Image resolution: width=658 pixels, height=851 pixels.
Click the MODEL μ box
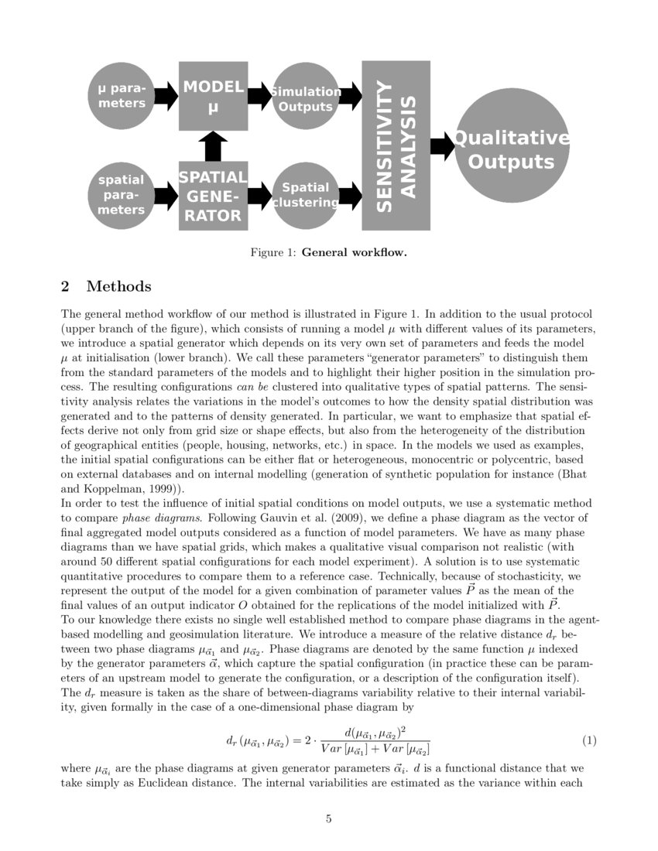213,96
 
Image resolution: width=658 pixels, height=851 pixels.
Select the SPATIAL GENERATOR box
213,196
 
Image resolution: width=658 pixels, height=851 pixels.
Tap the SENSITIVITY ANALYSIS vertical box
396,145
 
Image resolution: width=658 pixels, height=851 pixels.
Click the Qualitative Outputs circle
511,145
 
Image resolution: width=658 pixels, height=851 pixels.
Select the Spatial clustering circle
305,196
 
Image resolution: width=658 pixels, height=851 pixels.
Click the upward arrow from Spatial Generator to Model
213,146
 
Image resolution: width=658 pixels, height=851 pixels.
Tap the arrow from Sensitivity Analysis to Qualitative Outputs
442,145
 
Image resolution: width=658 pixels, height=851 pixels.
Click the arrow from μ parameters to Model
166,96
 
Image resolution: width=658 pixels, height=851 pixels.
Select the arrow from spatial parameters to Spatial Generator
166,196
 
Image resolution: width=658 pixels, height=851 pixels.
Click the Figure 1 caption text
329,252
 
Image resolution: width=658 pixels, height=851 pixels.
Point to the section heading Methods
118,287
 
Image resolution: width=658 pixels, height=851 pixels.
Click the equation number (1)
589,740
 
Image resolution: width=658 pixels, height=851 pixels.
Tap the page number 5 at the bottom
329,819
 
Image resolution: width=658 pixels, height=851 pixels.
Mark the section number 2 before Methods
65,287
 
